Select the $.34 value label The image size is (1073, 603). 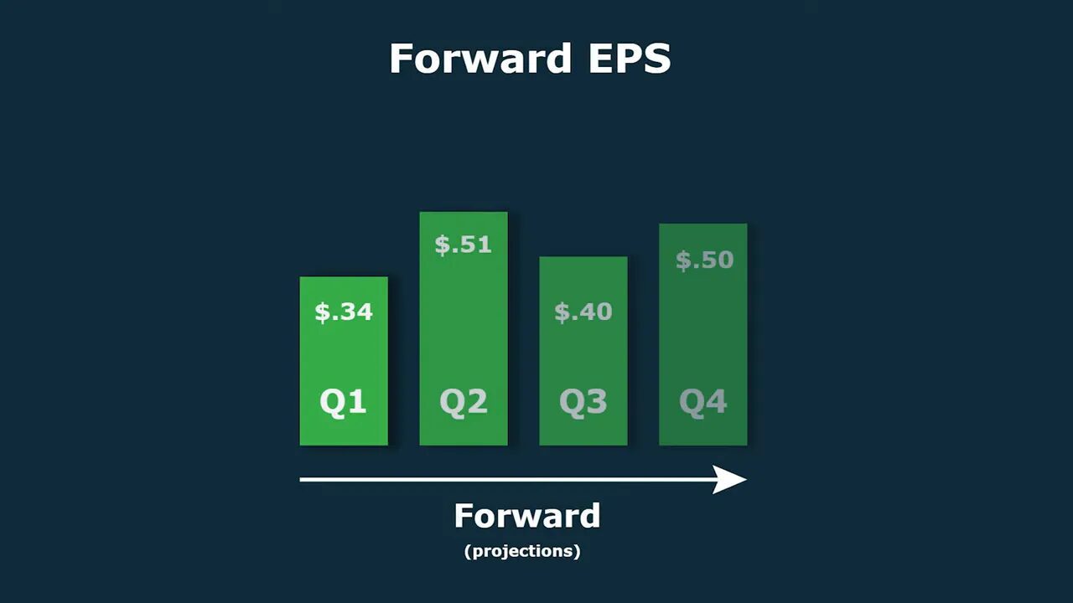tap(344, 312)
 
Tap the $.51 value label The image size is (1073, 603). tap(464, 245)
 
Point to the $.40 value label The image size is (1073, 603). tap(583, 312)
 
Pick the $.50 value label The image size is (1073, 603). tap(704, 260)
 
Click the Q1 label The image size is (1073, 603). tap(344, 402)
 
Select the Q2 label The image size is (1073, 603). tap(464, 402)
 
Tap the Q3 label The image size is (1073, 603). tap(583, 402)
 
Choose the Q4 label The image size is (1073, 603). tap(703, 402)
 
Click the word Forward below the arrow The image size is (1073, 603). tap(527, 516)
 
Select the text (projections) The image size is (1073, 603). tap(522, 551)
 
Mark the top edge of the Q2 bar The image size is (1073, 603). tap(464, 213)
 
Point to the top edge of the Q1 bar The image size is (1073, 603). tap(344, 277)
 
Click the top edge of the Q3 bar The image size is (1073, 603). tap(583, 257)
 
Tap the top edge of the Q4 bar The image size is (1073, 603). tap(703, 224)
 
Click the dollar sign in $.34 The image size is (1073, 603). tap(322, 312)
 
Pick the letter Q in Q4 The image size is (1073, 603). tap(692, 402)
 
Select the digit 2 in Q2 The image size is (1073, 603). tap(476, 402)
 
